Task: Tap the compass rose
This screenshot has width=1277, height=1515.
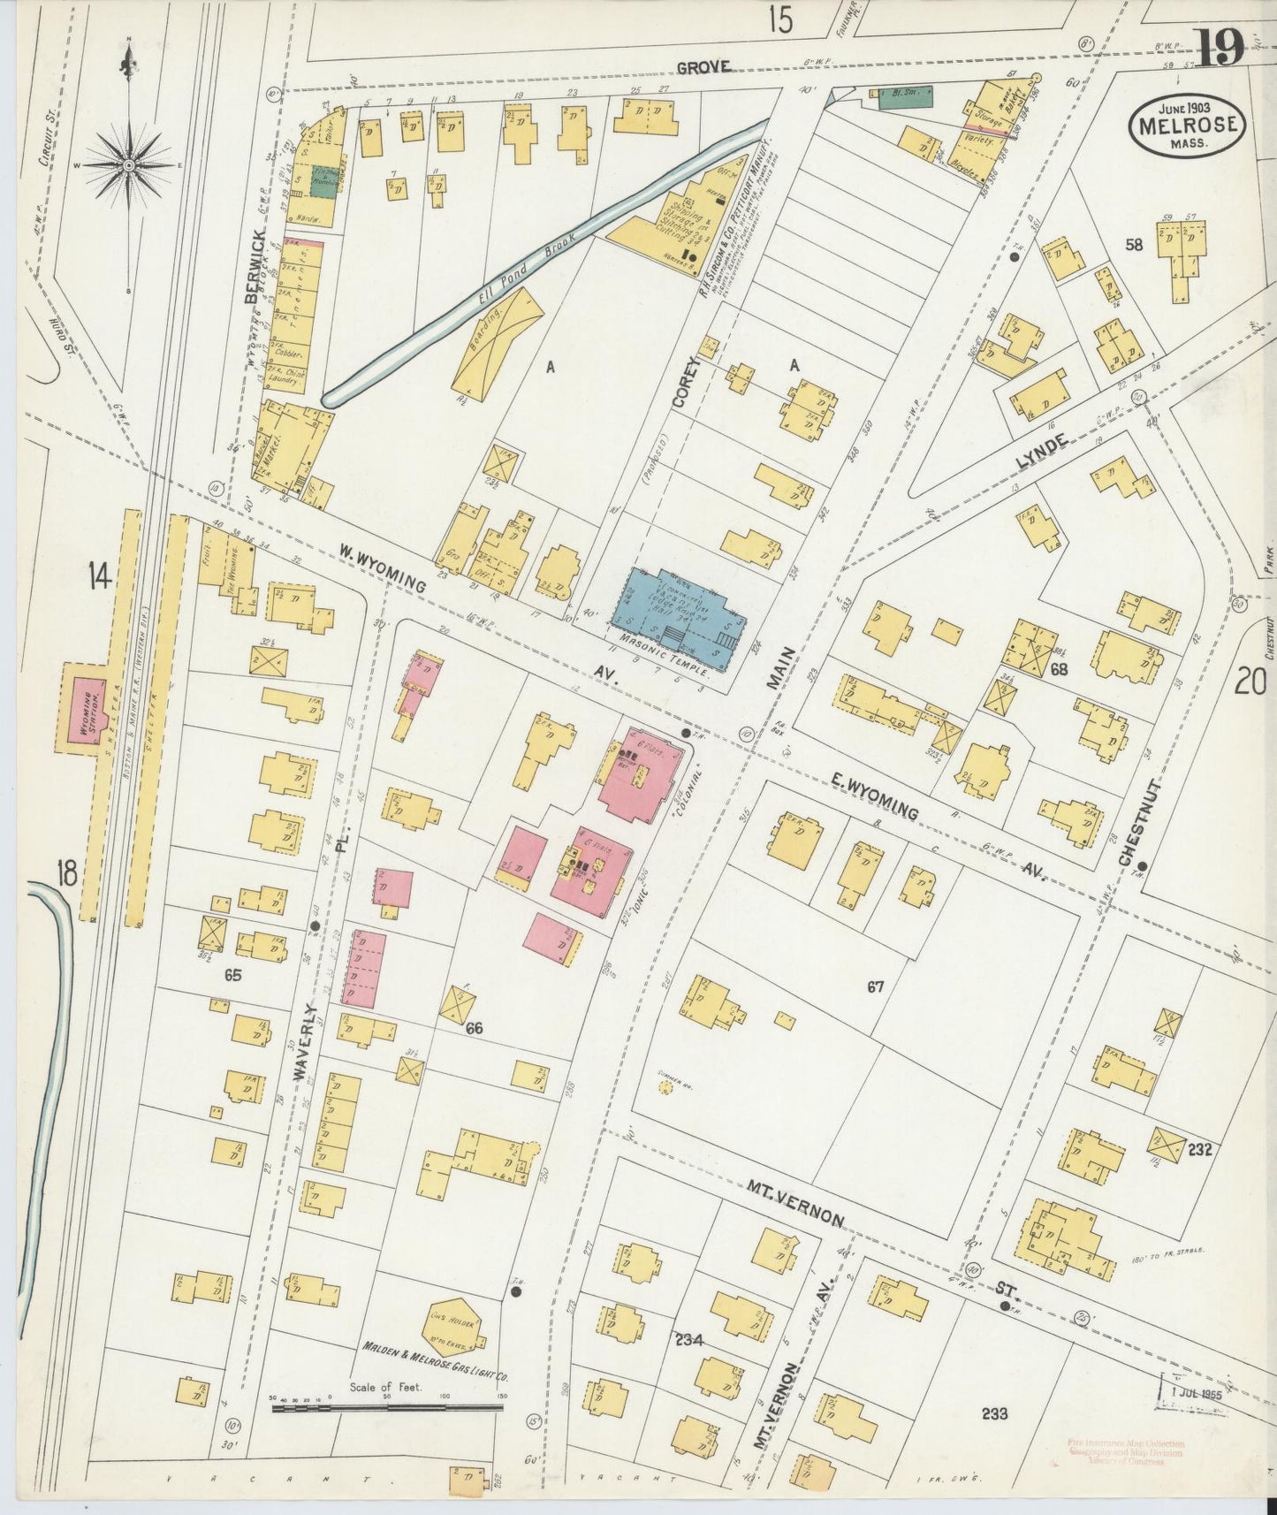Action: point(129,165)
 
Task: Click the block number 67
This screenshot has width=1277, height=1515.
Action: point(875,986)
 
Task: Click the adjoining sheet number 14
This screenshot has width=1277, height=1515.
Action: point(98,576)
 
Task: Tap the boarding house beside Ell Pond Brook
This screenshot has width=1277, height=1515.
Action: point(499,340)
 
